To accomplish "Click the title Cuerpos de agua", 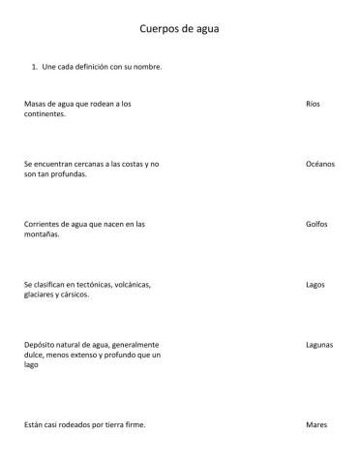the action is [180, 29].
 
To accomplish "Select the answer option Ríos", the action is [312, 103].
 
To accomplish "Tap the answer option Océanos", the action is [319, 164].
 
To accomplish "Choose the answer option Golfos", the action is [316, 224].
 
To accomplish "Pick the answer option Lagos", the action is [315, 285].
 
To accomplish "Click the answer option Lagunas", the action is [319, 344].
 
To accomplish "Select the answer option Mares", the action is [315, 424].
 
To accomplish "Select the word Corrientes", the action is [42, 224].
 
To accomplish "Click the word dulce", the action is [33, 355].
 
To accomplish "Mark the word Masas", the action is [34, 103].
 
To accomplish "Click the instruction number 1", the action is [35, 67].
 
